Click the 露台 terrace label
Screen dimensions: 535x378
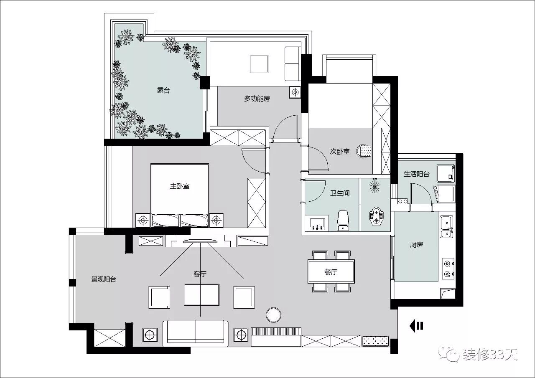(x=163, y=91)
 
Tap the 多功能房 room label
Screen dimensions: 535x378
(x=257, y=99)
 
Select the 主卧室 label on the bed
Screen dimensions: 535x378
(x=180, y=186)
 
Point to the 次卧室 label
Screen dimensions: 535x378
(x=340, y=152)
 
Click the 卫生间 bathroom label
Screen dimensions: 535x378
(x=340, y=193)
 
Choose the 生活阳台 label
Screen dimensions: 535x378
(x=416, y=174)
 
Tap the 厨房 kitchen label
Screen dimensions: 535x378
(x=417, y=245)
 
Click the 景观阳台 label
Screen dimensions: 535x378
(x=104, y=279)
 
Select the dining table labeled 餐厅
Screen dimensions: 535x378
(x=331, y=271)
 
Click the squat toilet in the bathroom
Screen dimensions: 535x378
(x=375, y=216)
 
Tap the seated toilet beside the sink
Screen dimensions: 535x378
(x=343, y=221)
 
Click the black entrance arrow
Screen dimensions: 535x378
(x=416, y=326)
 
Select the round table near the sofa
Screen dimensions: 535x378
(x=273, y=315)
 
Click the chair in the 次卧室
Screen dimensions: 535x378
(x=364, y=151)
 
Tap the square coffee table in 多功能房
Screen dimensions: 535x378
(x=259, y=64)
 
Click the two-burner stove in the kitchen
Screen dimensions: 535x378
(x=448, y=269)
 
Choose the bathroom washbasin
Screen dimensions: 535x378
(x=317, y=224)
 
